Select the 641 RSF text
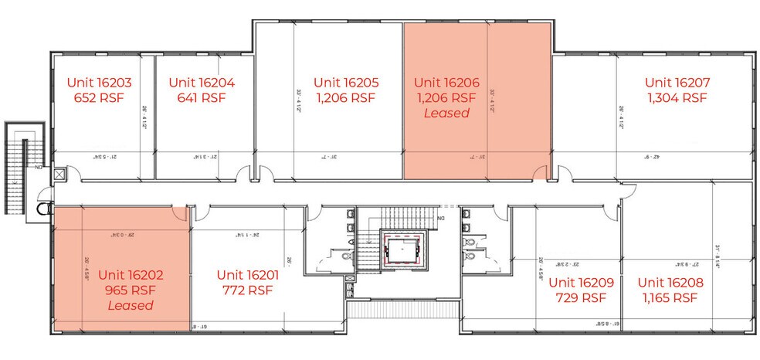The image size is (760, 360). click(201, 98)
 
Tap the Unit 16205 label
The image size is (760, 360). click(345, 82)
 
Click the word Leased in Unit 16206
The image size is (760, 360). click(446, 113)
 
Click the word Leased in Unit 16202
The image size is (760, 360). click(131, 305)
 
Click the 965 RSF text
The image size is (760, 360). click(131, 290)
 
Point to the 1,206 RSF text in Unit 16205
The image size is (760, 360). click(345, 98)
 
